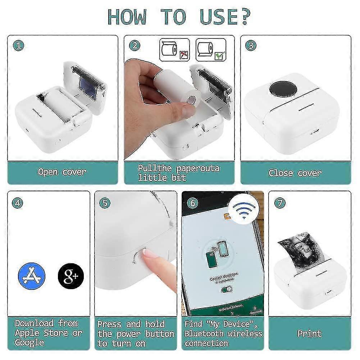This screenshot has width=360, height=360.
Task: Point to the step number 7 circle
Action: [279, 202]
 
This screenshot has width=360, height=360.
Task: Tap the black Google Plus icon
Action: [70, 277]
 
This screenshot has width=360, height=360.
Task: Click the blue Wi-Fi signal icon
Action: [243, 210]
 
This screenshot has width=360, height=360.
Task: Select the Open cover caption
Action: [62, 172]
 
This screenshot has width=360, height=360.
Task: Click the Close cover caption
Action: [295, 173]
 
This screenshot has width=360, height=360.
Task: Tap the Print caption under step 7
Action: [309, 333]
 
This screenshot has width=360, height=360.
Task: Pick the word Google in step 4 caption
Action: [30, 342]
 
